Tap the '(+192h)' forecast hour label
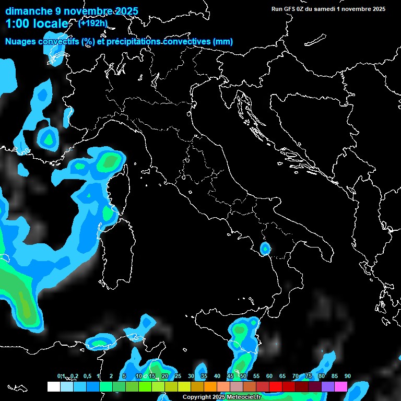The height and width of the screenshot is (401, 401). (x=92, y=23)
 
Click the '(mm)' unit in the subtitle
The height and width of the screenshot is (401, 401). (x=222, y=42)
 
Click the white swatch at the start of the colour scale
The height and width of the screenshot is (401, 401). (x=53, y=387)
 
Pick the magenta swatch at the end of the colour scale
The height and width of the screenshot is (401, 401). (x=341, y=387)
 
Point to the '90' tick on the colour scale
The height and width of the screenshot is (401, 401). (x=348, y=376)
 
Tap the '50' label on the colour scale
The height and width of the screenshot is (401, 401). (x=243, y=376)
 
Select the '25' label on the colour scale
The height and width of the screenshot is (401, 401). (x=178, y=376)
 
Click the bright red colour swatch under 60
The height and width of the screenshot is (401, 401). (x=276, y=387)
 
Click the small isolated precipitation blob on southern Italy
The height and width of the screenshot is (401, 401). (x=265, y=249)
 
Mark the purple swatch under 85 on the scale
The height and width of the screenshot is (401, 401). (x=328, y=387)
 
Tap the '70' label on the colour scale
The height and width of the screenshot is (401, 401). (x=296, y=376)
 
